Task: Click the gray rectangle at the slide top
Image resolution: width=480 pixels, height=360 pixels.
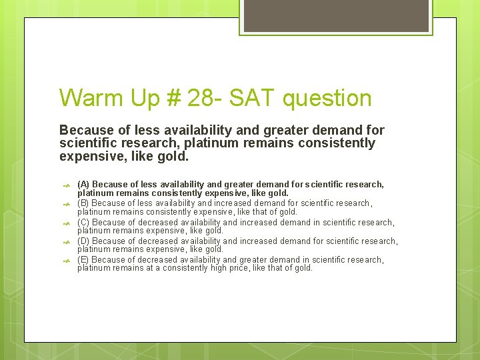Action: [336, 15]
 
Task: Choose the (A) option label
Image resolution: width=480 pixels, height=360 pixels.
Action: [83, 184]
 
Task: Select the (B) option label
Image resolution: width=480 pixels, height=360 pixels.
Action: [83, 203]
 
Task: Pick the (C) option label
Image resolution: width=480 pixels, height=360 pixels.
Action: [83, 223]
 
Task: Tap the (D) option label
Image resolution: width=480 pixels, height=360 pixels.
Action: [83, 241]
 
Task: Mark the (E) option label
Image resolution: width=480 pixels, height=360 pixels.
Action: [83, 260]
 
